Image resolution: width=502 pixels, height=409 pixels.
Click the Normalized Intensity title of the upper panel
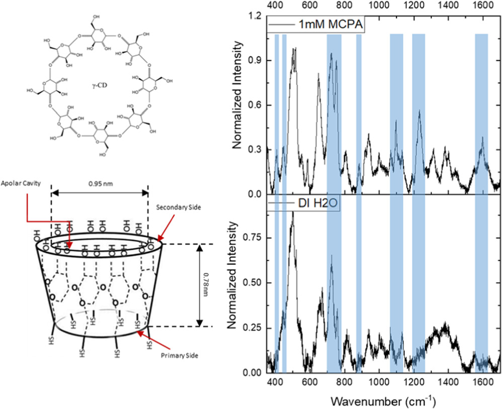click(237, 105)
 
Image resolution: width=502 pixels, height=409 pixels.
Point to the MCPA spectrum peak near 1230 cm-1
click(420, 111)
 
